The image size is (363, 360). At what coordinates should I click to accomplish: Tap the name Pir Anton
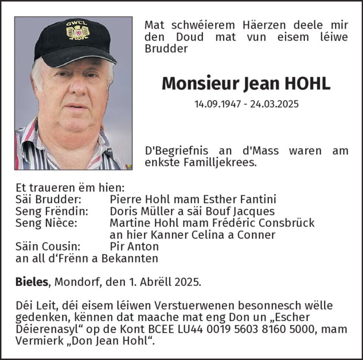tap(134, 246)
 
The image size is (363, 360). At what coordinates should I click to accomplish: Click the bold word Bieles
tap(32, 282)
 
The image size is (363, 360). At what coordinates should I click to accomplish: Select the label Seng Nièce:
tap(46, 223)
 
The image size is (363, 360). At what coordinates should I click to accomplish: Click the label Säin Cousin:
tap(48, 246)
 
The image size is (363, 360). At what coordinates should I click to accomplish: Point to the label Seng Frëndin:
tap(52, 211)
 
